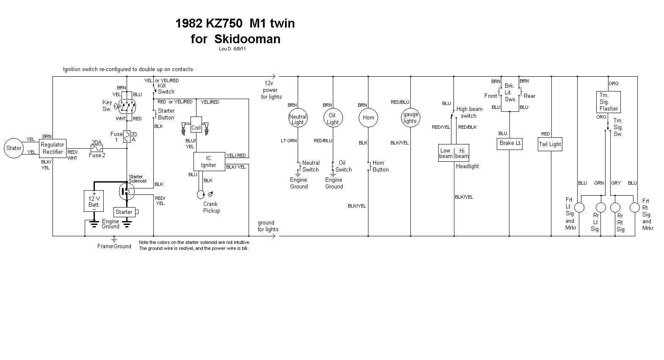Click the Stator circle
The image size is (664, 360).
(x=14, y=148)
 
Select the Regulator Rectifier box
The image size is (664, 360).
(x=53, y=148)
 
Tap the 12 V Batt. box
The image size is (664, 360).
(x=94, y=201)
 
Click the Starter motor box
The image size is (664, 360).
(x=124, y=212)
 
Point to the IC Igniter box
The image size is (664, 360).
(x=209, y=162)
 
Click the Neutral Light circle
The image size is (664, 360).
(x=298, y=119)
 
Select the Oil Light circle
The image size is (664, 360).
(x=332, y=119)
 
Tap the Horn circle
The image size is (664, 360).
(x=368, y=118)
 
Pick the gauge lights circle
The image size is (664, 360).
(x=410, y=118)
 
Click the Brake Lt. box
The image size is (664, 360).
(x=510, y=143)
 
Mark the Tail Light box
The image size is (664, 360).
(x=550, y=144)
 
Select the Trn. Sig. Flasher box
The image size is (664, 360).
(x=609, y=102)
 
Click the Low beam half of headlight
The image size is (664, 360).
(x=446, y=153)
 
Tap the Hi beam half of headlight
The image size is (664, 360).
(x=462, y=153)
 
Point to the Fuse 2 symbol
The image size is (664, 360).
(x=97, y=148)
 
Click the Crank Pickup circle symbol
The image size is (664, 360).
(x=201, y=194)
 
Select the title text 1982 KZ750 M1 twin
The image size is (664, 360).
(x=235, y=23)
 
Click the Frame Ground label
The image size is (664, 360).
(x=114, y=246)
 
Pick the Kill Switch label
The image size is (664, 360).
(x=166, y=89)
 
